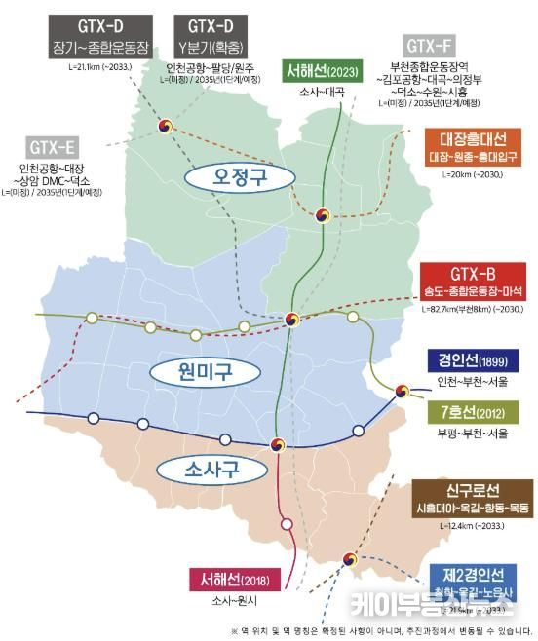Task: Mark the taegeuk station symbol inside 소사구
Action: click(279, 444)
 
